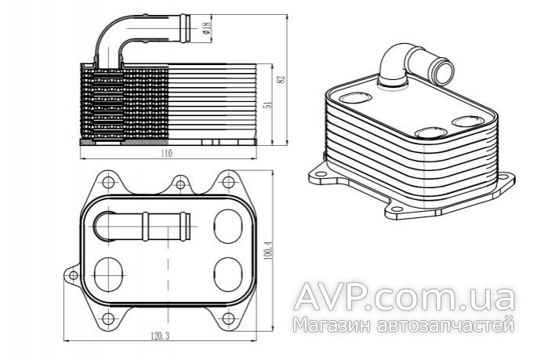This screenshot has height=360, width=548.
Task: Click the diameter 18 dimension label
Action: (x=206, y=28)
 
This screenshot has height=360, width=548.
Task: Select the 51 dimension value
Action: (x=268, y=104)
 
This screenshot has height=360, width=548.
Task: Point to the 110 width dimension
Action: (x=168, y=153)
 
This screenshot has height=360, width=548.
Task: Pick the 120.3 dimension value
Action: (x=160, y=336)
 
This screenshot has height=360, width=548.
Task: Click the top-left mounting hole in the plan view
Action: (x=109, y=182)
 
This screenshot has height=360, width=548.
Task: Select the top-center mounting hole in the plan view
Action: (x=180, y=184)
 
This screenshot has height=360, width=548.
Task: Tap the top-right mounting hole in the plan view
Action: (x=228, y=182)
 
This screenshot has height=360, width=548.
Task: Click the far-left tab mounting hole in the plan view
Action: (x=74, y=275)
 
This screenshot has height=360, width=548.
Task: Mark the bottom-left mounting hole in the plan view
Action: (x=108, y=318)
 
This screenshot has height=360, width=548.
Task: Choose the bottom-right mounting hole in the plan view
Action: (x=228, y=318)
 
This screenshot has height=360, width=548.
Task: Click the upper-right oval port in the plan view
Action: (x=228, y=226)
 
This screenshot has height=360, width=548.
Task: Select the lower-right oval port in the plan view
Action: (x=228, y=275)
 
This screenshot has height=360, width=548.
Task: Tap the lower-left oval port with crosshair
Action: (x=109, y=275)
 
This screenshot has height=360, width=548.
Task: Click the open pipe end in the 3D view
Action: (x=443, y=71)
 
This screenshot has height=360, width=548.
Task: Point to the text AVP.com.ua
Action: (x=405, y=297)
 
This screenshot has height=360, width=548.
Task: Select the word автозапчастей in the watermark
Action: (x=446, y=325)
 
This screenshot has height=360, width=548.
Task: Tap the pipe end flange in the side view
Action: (x=185, y=28)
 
